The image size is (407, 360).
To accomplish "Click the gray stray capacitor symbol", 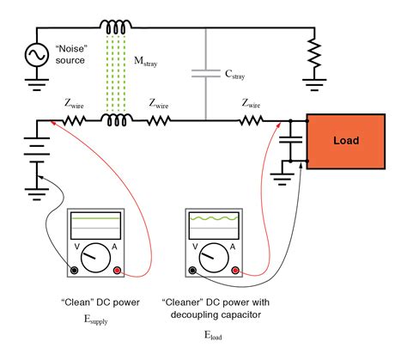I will pos(207,74).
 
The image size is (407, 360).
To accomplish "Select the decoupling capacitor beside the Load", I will pos(293,141).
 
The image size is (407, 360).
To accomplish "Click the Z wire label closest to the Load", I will pos(252,104).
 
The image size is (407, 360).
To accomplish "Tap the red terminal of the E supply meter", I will pos(118,271).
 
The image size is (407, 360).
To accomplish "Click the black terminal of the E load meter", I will pos(193,271).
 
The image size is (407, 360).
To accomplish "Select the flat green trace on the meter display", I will pos(96,222).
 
